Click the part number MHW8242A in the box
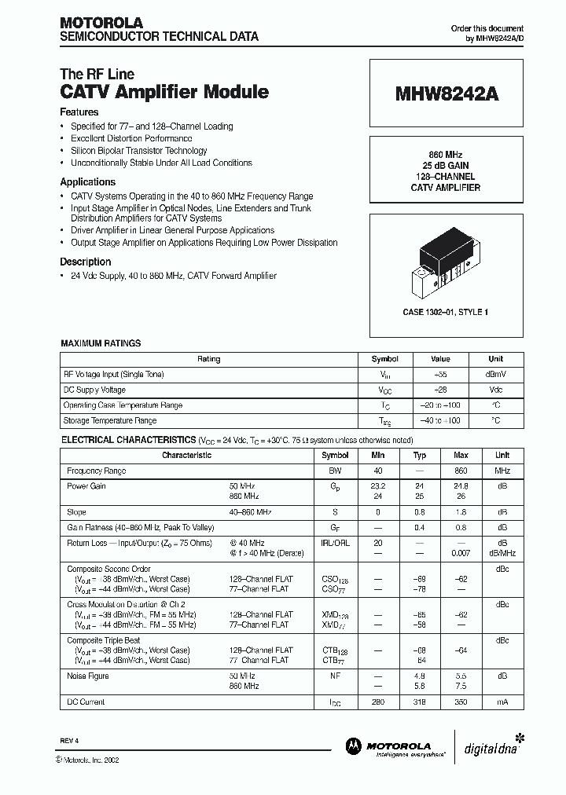(447, 93)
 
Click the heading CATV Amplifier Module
(164, 92)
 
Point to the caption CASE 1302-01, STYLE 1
(446, 312)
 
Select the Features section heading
(80, 112)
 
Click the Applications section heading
(88, 181)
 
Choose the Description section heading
(86, 262)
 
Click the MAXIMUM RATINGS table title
(101, 343)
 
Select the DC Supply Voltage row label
(94, 390)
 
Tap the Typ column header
(420, 455)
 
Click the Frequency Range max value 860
(461, 471)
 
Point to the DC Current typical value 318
(420, 702)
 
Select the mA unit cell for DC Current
(502, 702)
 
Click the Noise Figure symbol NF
(336, 676)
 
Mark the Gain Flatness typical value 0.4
(420, 527)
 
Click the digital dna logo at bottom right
(493, 746)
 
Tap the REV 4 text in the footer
(69, 741)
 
